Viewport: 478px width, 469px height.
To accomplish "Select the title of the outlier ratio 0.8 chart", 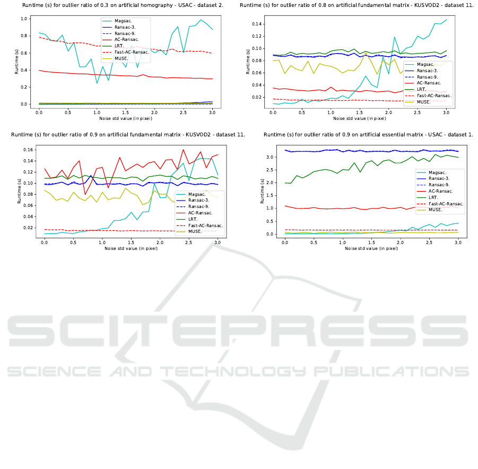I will point(356,5).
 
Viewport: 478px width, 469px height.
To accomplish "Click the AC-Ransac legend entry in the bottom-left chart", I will point(201,212).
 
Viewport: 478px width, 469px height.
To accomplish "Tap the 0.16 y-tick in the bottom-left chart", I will point(29,150).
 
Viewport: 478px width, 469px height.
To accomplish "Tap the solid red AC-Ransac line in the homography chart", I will point(106,74).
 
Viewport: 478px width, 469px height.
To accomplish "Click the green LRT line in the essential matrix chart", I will point(371,163).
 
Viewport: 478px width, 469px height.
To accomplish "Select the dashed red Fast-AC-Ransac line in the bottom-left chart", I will point(106,230).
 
